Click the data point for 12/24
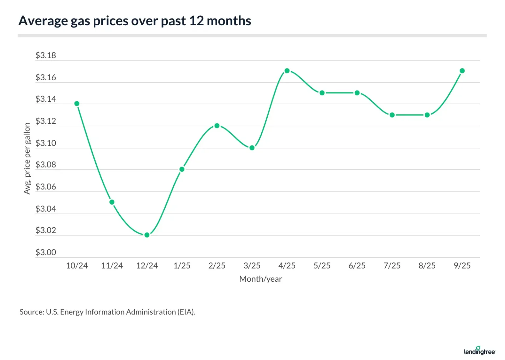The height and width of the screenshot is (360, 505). click(147, 235)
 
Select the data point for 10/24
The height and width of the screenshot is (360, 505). click(77, 104)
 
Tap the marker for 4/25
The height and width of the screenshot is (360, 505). click(287, 71)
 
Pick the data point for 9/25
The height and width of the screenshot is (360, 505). click(462, 71)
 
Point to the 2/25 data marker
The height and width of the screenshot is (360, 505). click(217, 126)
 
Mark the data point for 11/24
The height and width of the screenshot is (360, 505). click(112, 202)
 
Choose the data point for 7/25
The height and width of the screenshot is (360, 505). click(392, 115)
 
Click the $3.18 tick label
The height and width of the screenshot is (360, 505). click(46, 55)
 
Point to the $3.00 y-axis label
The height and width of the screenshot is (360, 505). click(46, 252)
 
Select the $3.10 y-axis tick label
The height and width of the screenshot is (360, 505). click(46, 143)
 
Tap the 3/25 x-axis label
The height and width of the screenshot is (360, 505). click(252, 266)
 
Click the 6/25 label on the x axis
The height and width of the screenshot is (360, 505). click(357, 266)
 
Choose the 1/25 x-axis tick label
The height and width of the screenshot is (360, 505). click(182, 266)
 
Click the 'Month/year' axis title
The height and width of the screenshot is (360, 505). click(260, 279)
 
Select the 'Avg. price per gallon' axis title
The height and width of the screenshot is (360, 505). click(27, 158)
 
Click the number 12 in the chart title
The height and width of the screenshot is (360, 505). click(196, 21)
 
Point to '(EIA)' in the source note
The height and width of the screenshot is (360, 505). click(186, 312)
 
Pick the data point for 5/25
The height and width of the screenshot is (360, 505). click(322, 93)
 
